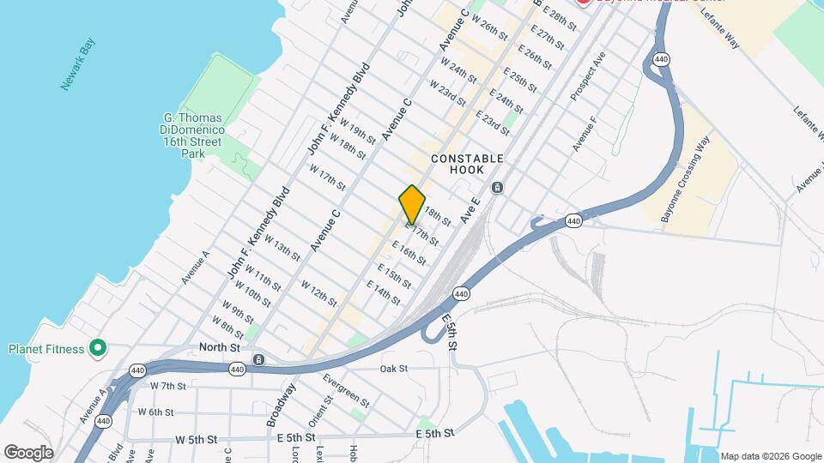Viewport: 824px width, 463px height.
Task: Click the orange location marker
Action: [x=412, y=204]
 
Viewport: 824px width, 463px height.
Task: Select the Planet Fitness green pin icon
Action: [x=98, y=348]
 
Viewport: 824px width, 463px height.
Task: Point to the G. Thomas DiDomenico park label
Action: [x=193, y=135]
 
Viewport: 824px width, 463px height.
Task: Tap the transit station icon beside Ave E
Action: [x=497, y=188]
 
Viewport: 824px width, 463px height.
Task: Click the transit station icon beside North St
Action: [x=258, y=358]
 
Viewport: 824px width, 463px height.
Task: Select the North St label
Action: [x=219, y=347]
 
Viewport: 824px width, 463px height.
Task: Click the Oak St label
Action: [x=393, y=369]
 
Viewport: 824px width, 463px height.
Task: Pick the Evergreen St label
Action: [x=346, y=390]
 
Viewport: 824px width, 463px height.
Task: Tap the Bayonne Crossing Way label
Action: [x=687, y=179]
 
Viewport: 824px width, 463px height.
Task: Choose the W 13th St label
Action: [x=282, y=248]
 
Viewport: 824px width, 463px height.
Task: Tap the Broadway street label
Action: [x=281, y=406]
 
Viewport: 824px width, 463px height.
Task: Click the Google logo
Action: [x=28, y=453]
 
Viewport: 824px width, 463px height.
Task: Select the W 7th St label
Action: [x=168, y=386]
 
